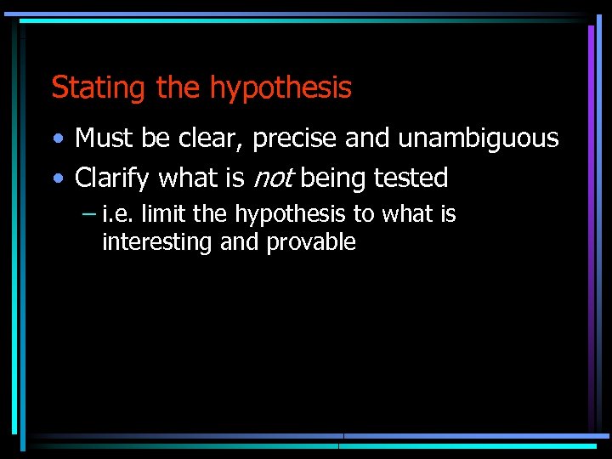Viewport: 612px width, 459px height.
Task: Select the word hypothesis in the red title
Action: click(x=280, y=88)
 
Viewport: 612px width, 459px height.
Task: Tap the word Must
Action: click(x=102, y=138)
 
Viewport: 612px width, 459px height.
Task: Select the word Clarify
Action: click(x=113, y=178)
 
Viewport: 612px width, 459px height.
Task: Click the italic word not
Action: click(x=272, y=178)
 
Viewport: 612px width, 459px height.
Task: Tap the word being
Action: click(x=334, y=178)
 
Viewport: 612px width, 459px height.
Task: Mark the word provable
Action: click(x=311, y=243)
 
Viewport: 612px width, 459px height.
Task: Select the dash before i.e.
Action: click(x=88, y=214)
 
